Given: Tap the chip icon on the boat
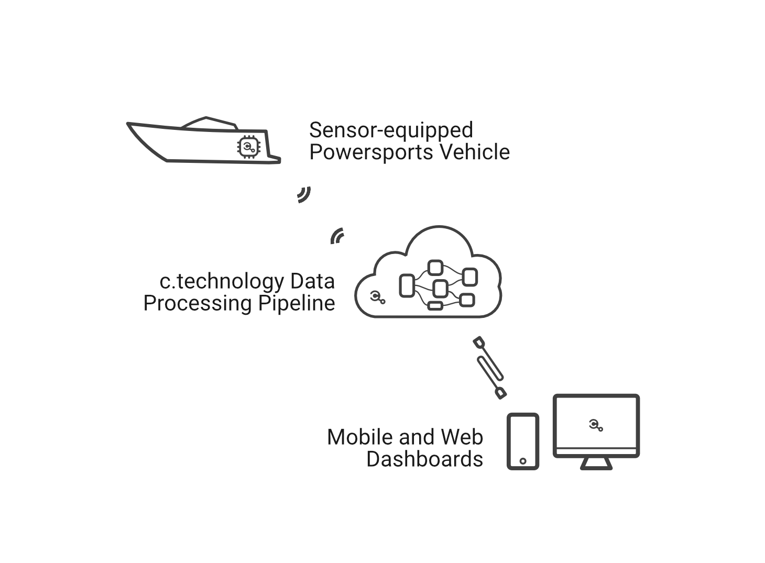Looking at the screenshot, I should (248, 147).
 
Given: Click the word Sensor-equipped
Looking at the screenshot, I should (391, 130).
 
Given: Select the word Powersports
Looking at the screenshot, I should (371, 152).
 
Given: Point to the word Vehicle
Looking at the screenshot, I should (475, 152).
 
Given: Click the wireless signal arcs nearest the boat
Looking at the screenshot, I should (304, 194).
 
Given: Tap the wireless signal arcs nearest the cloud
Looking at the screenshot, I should (337, 236).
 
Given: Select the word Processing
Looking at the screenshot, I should (198, 303).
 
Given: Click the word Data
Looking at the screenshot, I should (312, 281).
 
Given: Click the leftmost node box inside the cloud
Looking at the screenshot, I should (407, 285).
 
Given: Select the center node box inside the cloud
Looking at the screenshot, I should (440, 289).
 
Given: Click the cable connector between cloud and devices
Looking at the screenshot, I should (489, 368).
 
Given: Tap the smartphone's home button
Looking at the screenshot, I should (523, 461).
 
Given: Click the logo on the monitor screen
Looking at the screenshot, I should (596, 425).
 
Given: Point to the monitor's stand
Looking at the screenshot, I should (596, 463).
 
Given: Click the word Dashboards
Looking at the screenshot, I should (424, 459).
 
